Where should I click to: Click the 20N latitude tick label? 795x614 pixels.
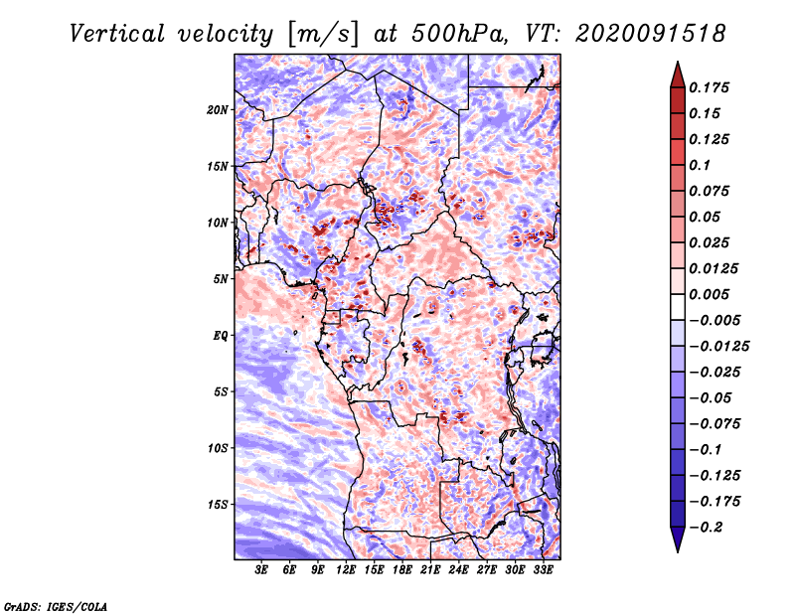[218, 110]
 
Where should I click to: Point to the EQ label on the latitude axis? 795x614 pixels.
[221, 336]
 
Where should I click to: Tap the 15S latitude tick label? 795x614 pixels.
[218, 505]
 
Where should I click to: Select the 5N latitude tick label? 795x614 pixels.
[221, 279]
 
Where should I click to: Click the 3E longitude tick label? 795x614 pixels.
[261, 569]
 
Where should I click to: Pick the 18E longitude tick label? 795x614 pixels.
[402, 569]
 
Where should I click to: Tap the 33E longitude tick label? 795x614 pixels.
[543, 569]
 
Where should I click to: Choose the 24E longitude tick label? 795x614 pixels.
[458, 569]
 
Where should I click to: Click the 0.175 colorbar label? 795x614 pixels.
[709, 87]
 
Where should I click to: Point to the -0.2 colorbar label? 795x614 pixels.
[706, 528]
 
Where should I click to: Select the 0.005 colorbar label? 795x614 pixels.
[709, 294]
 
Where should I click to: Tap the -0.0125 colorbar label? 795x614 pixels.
[718, 347]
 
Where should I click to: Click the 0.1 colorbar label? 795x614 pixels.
[700, 165]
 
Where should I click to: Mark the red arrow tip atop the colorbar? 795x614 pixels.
[678, 63]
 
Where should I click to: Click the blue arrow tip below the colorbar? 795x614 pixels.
[678, 551]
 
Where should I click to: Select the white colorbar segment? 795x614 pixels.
[678, 307]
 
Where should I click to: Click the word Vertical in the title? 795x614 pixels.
[117, 34]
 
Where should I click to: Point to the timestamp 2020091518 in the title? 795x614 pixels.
[651, 34]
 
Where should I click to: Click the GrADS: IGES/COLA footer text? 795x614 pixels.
[56, 606]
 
